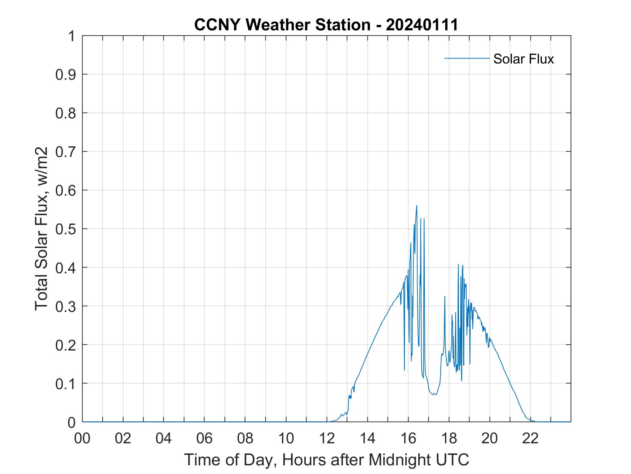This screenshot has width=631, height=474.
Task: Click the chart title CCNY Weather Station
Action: point(282,25)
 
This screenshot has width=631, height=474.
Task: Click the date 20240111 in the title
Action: point(422,25)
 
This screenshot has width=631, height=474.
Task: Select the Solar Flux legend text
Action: point(523,59)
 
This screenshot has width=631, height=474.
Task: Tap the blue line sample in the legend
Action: point(467,58)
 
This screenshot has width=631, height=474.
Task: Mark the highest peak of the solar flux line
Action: point(416,205)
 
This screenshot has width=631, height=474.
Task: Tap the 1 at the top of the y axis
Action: point(72,36)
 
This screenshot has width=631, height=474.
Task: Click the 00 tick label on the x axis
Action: point(82,438)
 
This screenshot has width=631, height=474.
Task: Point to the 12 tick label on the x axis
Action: point(327,438)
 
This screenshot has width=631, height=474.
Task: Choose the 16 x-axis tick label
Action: point(408,438)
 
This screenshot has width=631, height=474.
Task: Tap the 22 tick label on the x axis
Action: point(530,438)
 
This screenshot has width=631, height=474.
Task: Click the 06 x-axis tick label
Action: point(204,438)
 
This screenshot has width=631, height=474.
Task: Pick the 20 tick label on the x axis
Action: point(490,438)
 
